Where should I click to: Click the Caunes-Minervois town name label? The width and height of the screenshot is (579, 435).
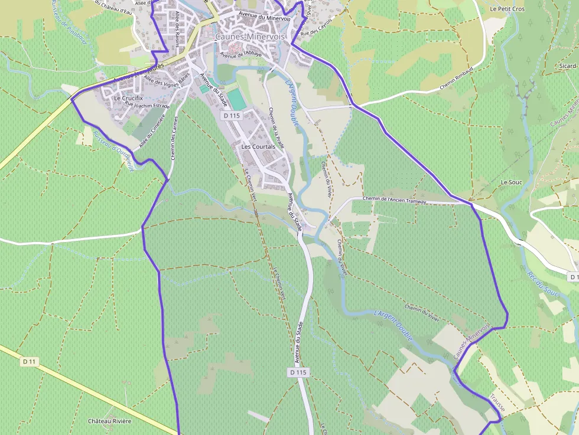(250, 37)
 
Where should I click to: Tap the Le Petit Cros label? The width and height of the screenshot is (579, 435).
(507, 9)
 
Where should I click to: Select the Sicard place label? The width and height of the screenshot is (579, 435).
(567, 66)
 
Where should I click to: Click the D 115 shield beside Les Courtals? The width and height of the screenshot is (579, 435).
(232, 116)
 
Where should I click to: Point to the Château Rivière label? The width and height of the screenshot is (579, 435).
(109, 421)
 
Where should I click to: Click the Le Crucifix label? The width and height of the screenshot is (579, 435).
(128, 98)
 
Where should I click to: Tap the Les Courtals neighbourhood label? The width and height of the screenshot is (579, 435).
(259, 146)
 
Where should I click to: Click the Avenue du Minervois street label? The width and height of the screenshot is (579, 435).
(265, 15)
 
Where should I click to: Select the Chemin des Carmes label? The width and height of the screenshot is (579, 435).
(174, 138)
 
